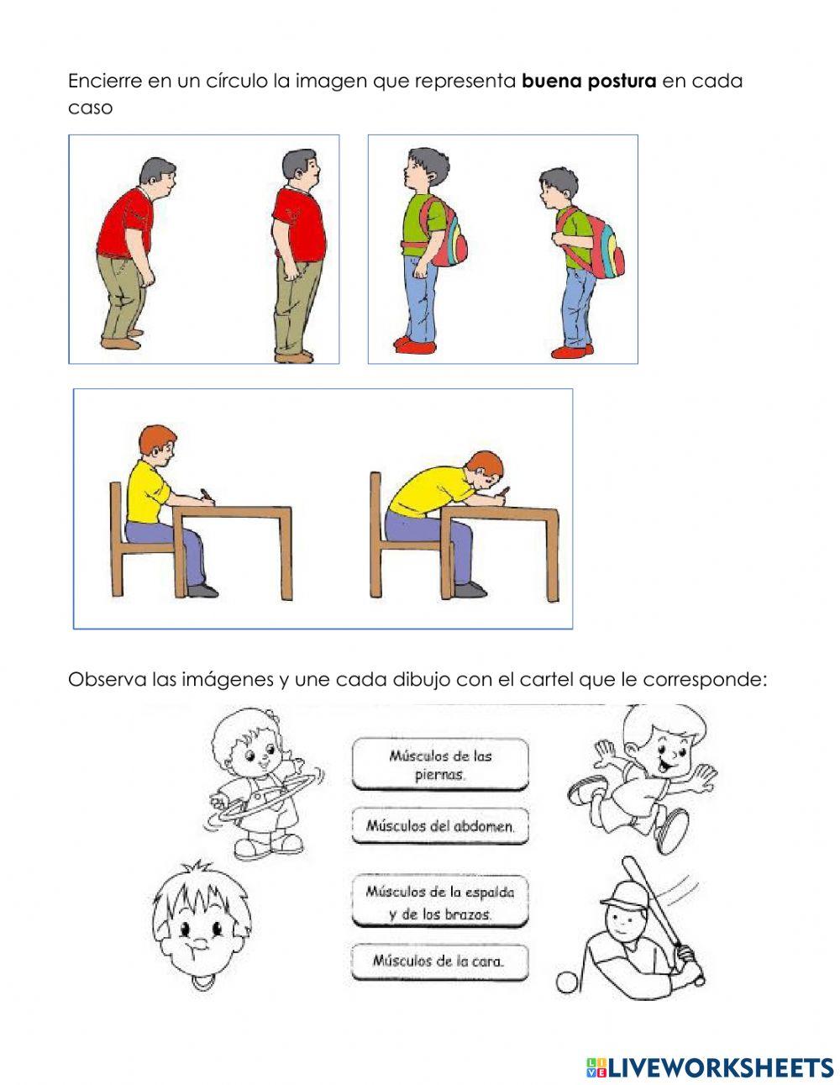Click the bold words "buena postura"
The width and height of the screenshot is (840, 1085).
tap(589, 82)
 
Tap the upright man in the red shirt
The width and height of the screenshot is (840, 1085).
tap(297, 252)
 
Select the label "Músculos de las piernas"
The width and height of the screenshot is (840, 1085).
tap(439, 764)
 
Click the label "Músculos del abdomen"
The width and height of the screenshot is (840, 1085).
tap(439, 825)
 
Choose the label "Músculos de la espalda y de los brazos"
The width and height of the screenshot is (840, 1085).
tap(439, 901)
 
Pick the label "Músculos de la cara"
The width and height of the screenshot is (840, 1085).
tap(439, 961)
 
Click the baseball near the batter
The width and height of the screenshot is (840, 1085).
tap(567, 982)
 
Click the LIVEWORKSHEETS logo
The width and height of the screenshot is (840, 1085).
tap(710, 1067)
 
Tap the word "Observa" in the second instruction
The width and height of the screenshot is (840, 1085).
tap(107, 678)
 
